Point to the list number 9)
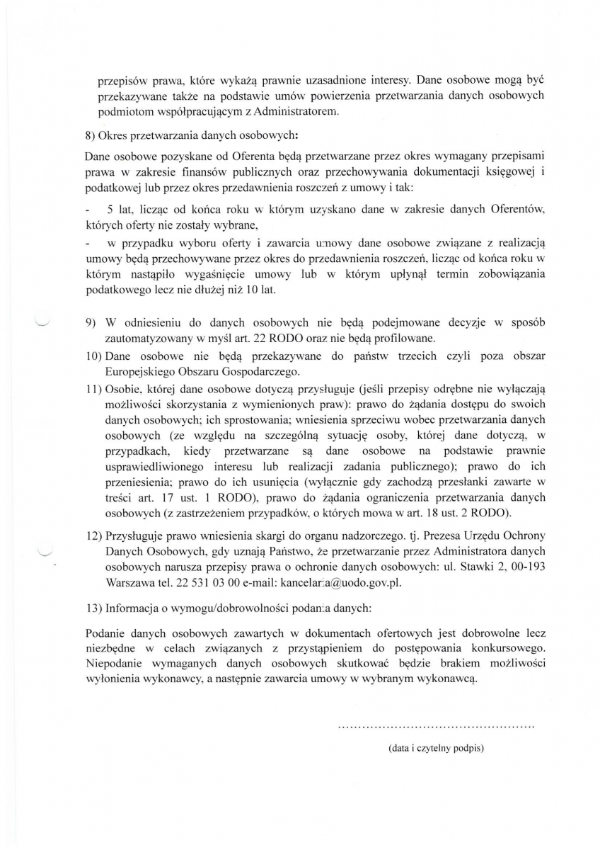(91, 323)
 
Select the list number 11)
(93, 389)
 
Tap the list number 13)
(93, 608)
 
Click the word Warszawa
(127, 584)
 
